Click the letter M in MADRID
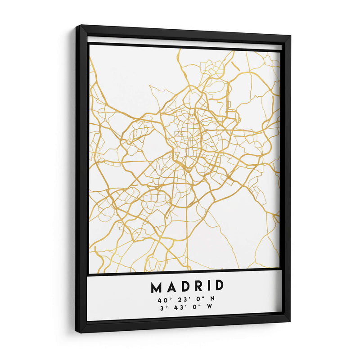click(157, 287)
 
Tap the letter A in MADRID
click(171, 287)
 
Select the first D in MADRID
click(184, 287)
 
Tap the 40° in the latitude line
click(164, 299)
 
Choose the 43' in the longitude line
click(180, 307)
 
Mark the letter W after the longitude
click(208, 307)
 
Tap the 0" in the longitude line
click(194, 307)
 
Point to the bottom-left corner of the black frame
click(77, 332)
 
